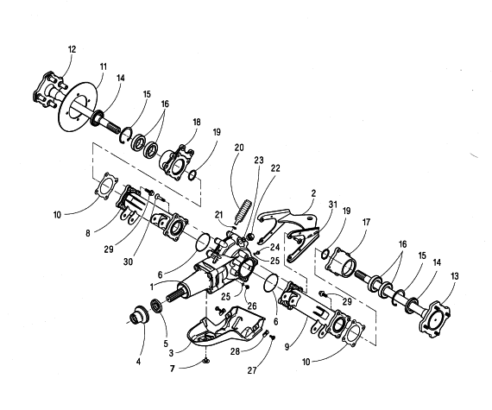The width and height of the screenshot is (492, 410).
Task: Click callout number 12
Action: [72, 49]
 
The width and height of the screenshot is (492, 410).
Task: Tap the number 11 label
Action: [104, 66]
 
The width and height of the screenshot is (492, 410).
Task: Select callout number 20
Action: [239, 147]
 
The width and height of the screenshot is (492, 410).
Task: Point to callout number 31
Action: [332, 205]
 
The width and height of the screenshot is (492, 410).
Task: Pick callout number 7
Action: [173, 369]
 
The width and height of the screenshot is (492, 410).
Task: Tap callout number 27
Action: [252, 370]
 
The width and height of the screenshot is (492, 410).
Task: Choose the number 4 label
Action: [138, 362]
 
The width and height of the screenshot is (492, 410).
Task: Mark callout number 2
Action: [313, 193]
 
